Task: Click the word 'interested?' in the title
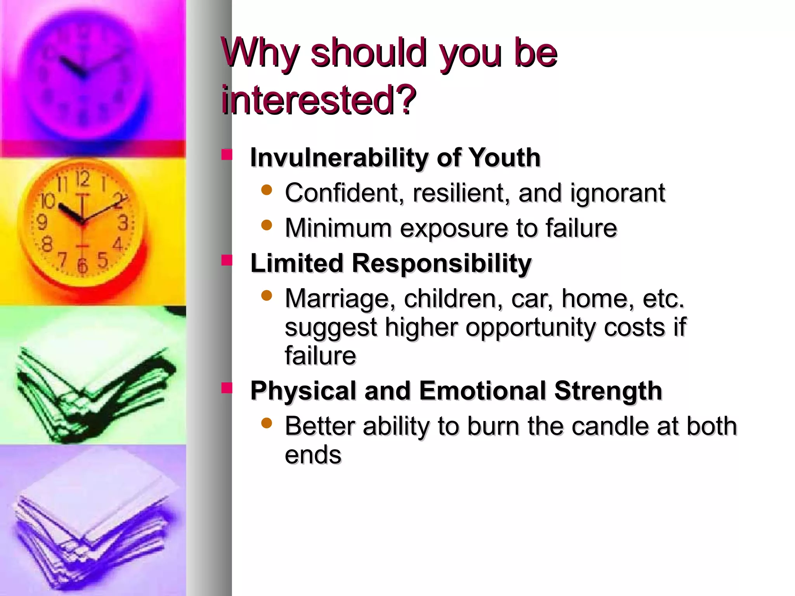click(318, 100)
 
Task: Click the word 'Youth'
click(505, 158)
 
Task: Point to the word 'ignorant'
click(618, 193)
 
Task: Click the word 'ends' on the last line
click(313, 455)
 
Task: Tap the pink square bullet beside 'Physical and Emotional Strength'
click(227, 388)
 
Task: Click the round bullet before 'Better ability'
click(267, 423)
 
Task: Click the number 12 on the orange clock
click(82, 179)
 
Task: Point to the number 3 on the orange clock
click(123, 223)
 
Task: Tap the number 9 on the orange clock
click(42, 222)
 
